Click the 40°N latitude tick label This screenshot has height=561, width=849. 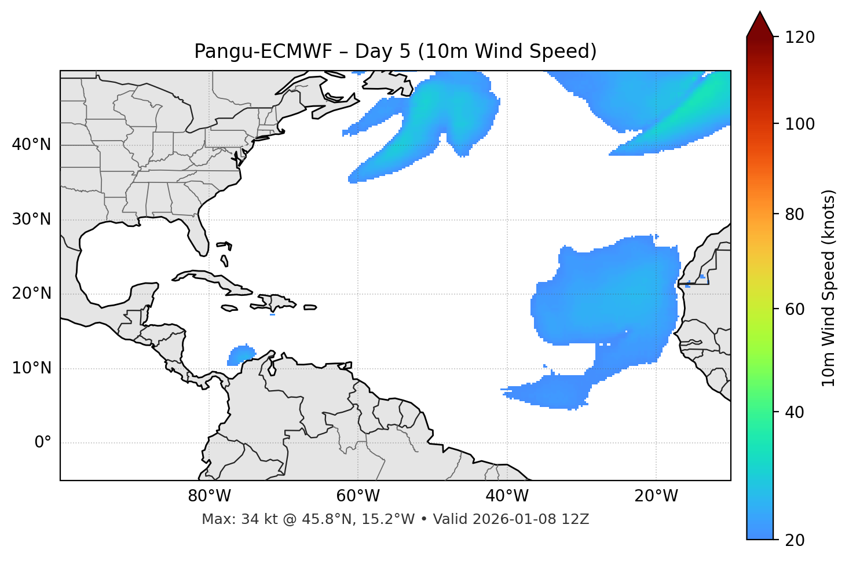31,145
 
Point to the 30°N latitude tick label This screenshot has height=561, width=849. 31,219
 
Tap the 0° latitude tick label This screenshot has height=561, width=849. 43,443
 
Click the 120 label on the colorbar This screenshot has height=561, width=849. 800,38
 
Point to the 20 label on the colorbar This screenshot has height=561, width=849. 795,540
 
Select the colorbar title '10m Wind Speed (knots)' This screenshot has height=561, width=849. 829,288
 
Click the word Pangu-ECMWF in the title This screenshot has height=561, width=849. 263,52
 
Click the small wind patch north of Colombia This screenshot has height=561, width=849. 241,354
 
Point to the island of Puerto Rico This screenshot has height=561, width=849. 310,307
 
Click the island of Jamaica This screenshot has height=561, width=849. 229,308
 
